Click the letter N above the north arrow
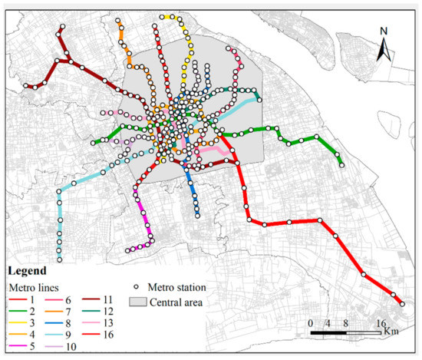coord(384,32)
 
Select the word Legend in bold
coord(27,271)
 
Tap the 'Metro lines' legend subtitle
coord(29,286)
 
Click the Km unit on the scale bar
coord(392,331)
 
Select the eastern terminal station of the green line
coord(341,163)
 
